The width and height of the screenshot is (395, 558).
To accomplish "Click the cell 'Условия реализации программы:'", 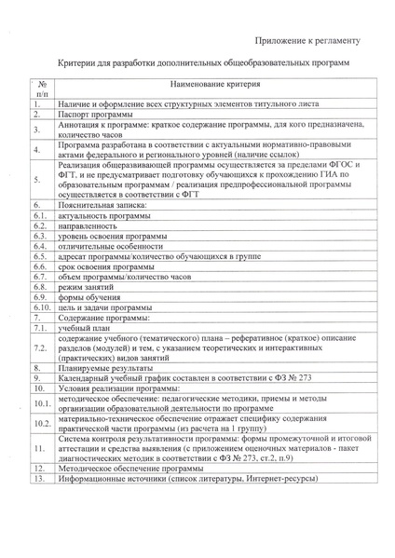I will point(116,391).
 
